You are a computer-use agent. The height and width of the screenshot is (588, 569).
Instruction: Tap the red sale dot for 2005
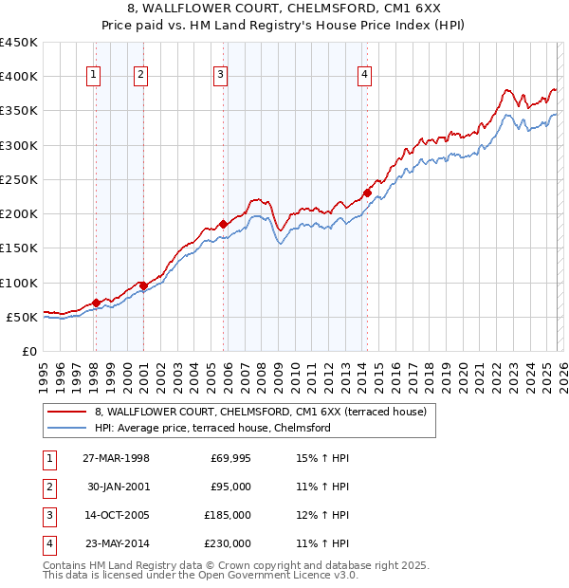[224, 224]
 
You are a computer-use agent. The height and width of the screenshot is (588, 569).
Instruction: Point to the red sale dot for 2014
[368, 193]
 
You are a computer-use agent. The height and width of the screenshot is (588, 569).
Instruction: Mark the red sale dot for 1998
[97, 303]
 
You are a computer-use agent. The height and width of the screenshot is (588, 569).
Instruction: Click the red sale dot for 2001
[143, 285]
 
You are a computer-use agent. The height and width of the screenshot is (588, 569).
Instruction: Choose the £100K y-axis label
[19, 283]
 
